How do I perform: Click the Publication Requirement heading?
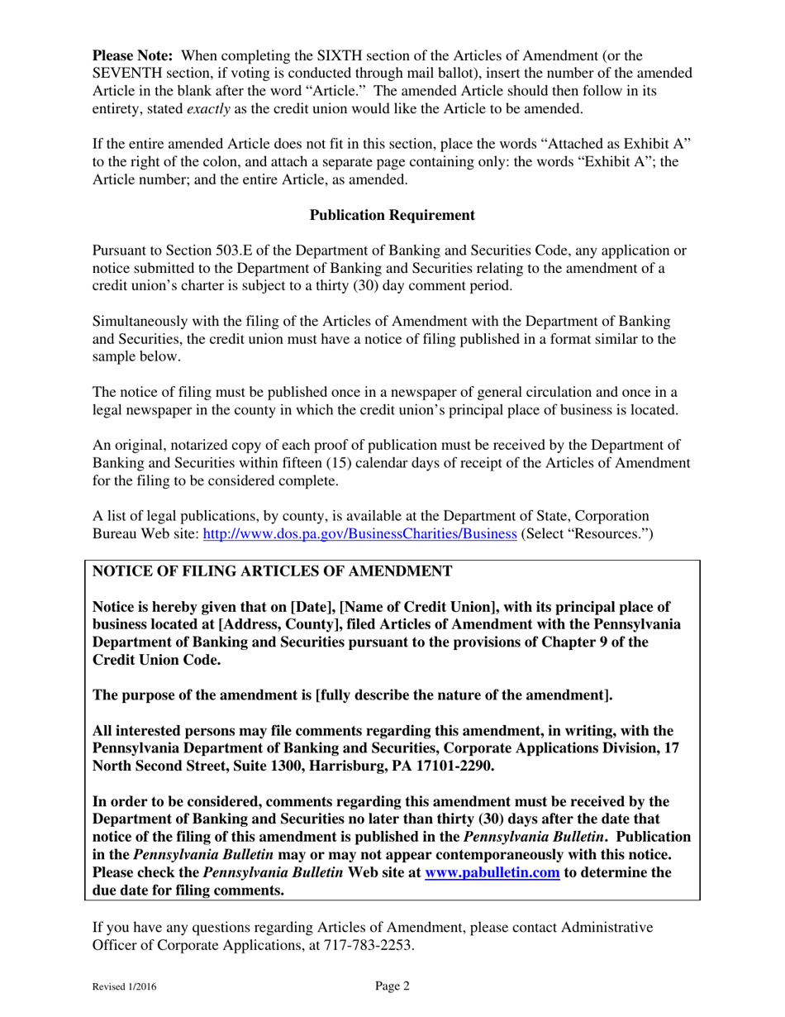(392, 215)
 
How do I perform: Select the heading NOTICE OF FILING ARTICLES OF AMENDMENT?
(272, 571)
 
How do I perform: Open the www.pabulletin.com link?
(492, 872)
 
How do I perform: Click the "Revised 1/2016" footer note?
(125, 986)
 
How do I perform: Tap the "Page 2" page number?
(392, 986)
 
